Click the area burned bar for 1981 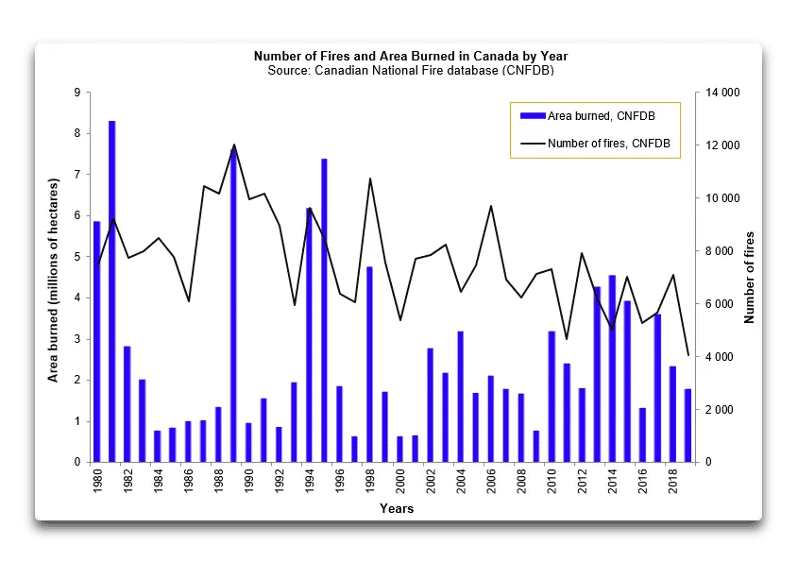[111, 292]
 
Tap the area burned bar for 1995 [324, 311]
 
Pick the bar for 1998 [369, 365]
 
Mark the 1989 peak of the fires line [233, 145]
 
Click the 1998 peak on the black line [369, 179]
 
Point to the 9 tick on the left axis [77, 93]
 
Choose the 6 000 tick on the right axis [719, 304]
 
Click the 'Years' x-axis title [396, 509]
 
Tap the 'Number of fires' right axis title [750, 277]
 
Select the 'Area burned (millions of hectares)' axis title [55, 281]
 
